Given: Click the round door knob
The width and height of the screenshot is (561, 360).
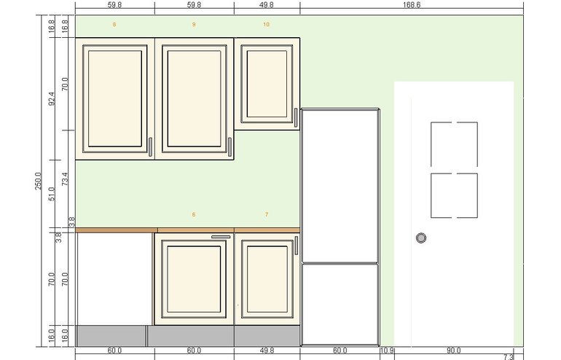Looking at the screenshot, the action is [421, 238].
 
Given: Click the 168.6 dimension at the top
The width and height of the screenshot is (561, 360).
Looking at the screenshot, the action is [412, 5].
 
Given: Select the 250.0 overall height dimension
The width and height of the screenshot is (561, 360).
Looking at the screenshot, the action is [39, 181].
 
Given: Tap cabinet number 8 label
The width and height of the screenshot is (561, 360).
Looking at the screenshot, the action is [114, 24].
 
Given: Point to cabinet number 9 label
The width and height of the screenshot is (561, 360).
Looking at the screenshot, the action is [194, 24].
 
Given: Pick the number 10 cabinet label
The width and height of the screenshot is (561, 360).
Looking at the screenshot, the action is [266, 24].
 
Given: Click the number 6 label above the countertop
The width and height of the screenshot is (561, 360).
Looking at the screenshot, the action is [194, 215].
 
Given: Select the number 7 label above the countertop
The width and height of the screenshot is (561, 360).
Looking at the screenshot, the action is [267, 215].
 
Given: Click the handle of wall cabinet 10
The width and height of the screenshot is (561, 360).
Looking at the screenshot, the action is [296, 117].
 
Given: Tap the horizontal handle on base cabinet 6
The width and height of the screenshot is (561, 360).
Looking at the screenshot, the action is [221, 237].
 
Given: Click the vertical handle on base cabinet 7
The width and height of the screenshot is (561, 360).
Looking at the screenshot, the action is [297, 245].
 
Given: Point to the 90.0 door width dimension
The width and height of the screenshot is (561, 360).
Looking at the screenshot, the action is [453, 351].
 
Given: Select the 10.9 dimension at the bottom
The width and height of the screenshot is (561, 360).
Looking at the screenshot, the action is [387, 351].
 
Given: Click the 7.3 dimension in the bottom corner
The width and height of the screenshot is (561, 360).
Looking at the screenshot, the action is [509, 357].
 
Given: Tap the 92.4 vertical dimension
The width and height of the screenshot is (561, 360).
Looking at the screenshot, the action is [52, 99].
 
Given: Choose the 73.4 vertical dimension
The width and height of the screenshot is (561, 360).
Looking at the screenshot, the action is [65, 179].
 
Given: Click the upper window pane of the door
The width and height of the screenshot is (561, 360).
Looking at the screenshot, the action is [455, 144].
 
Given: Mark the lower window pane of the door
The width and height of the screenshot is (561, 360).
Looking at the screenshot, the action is [455, 195].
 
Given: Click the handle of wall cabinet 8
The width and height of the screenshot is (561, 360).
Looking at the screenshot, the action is [150, 147].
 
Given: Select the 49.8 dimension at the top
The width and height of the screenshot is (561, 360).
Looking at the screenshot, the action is [267, 5].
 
